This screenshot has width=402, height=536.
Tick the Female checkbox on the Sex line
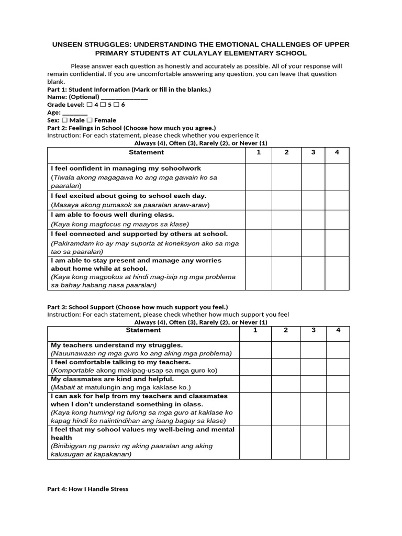point(90,120)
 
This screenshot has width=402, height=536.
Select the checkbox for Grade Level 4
point(89,105)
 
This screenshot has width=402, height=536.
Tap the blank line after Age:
point(75,113)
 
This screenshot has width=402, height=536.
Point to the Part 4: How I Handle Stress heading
point(87,489)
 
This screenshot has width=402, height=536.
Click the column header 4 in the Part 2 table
point(337,152)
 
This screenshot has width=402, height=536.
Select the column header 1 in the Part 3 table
point(255,330)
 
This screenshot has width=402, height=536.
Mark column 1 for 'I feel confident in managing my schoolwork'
point(259,177)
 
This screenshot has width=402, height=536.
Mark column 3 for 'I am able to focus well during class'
point(313,219)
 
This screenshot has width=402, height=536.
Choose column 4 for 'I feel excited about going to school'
point(337,200)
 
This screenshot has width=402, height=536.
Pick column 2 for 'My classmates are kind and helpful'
point(286,383)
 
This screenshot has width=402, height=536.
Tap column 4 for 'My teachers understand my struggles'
point(338,350)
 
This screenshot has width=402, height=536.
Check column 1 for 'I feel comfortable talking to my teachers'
point(255,366)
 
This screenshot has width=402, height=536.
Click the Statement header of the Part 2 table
point(146,152)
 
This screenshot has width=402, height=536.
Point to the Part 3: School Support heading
point(138,307)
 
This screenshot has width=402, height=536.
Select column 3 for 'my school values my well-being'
point(313,442)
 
